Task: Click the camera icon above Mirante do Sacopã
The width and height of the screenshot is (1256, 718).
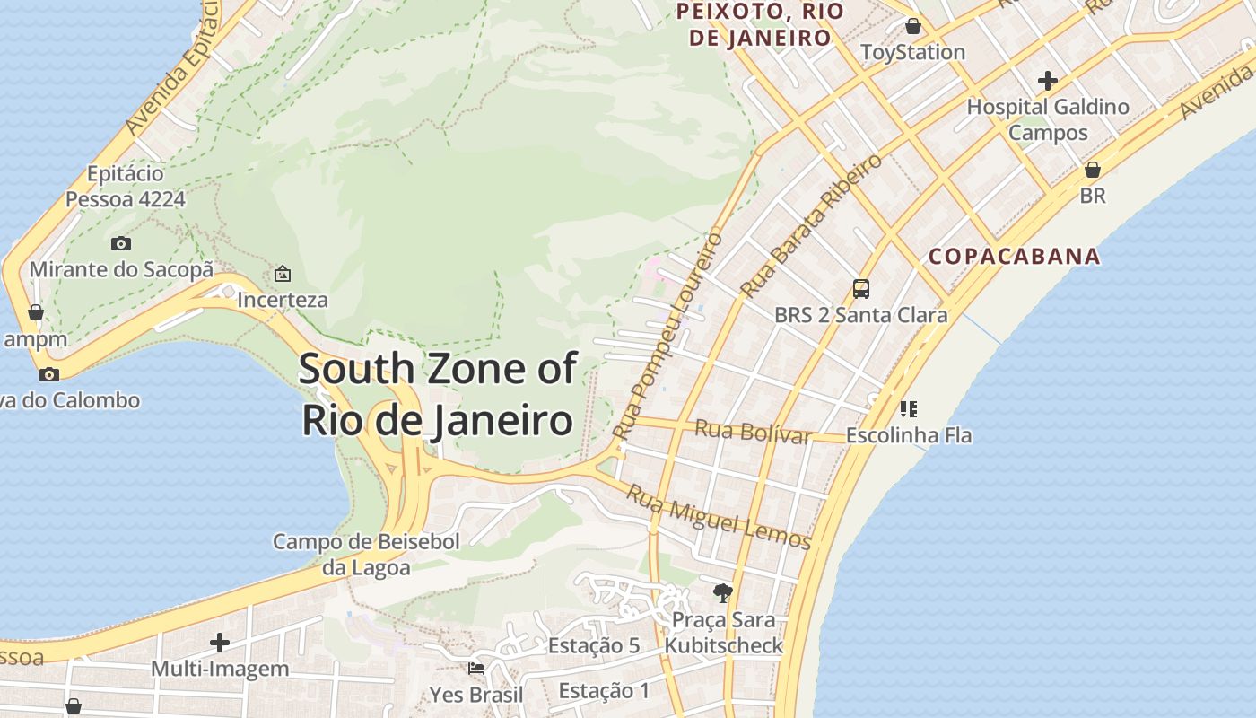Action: [121, 243]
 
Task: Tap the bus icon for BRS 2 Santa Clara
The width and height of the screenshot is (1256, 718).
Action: [861, 288]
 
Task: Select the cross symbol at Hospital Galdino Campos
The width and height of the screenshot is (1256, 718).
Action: [1047, 81]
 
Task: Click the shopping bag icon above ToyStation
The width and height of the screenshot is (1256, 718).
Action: [912, 26]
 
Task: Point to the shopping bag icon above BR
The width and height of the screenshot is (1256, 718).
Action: [1093, 169]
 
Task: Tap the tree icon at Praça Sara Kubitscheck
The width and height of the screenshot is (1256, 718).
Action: [723, 592]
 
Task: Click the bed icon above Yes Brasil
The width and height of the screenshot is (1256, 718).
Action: [476, 668]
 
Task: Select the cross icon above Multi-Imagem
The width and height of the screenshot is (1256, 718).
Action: [220, 642]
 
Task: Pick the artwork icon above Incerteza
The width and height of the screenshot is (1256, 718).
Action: [283, 273]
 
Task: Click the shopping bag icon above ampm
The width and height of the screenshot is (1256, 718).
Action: [36, 312]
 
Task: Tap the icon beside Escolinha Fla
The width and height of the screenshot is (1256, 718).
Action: [909, 409]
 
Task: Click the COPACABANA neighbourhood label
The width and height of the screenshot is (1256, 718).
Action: [1014, 257]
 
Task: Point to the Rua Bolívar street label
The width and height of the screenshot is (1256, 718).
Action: [753, 432]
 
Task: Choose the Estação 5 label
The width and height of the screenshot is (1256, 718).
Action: [594, 645]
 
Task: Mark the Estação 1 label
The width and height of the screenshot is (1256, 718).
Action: [604, 690]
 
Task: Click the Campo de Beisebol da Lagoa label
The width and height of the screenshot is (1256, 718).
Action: [366, 554]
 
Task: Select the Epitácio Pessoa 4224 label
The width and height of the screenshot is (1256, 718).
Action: [126, 186]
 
